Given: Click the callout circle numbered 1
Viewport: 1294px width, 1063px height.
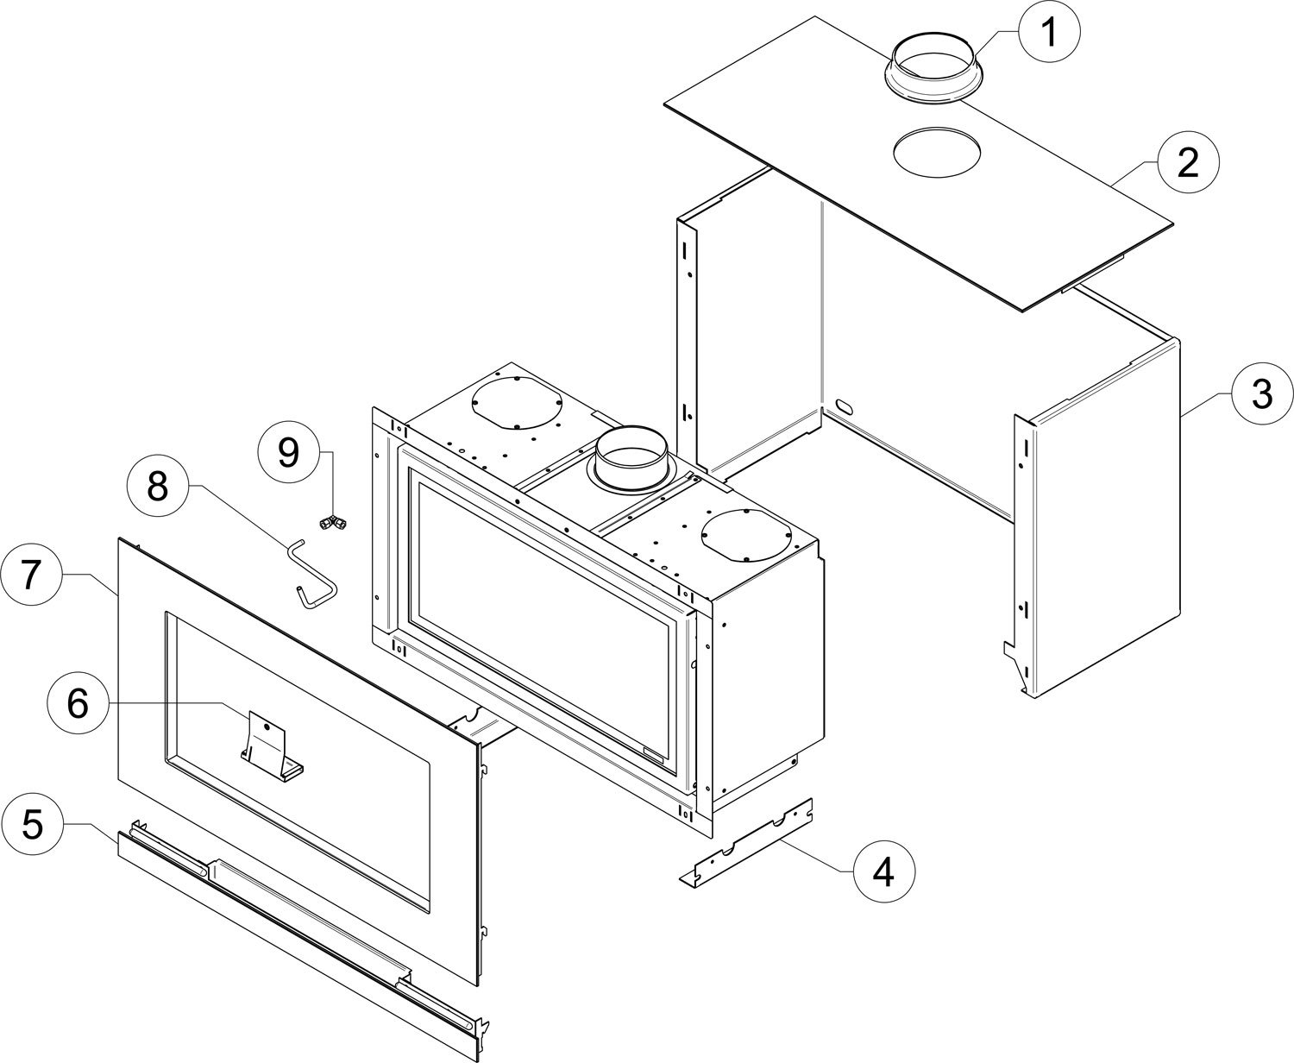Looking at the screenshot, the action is (1049, 31).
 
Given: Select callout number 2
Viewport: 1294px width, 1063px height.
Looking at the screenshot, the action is (1188, 162).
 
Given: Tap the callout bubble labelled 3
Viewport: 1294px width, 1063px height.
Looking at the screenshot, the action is (1262, 393).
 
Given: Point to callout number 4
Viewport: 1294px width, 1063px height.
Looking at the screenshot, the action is (884, 871).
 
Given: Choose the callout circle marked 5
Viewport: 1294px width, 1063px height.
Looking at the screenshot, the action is (33, 824).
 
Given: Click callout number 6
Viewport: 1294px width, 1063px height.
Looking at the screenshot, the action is (78, 702).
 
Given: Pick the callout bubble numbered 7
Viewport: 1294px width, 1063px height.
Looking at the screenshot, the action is (31, 575).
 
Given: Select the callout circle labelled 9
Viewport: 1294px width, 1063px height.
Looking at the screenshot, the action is (288, 452).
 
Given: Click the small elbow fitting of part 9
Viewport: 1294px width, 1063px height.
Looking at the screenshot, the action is (333, 523).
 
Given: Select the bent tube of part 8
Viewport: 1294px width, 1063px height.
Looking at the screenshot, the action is (312, 574).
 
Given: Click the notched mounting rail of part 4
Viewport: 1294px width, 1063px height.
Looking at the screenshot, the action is (746, 841).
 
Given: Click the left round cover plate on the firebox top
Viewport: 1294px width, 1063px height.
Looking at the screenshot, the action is (517, 404).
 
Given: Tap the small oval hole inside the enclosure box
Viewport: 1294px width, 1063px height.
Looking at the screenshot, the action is (845, 406).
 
